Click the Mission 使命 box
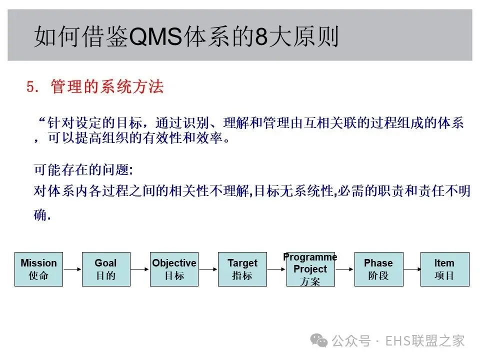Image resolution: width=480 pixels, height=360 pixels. (x=38, y=269)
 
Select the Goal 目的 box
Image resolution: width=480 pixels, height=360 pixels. (x=105, y=269)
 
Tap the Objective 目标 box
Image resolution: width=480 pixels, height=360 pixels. (x=174, y=269)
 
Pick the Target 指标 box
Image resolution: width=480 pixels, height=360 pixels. (x=242, y=269)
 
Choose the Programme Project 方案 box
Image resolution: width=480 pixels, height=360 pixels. (x=310, y=269)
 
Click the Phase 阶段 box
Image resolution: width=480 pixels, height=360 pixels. (x=378, y=269)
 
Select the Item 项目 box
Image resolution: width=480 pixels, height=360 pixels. (x=444, y=269)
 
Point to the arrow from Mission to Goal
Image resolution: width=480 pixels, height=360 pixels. (x=72, y=269)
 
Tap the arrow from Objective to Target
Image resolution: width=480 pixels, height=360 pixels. (x=208, y=269)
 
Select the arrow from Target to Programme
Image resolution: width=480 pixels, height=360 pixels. (x=276, y=269)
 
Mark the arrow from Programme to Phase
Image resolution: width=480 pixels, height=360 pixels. (x=344, y=269)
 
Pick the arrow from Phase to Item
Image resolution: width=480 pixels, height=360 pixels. (x=411, y=269)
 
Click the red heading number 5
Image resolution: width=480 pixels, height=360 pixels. (x=32, y=87)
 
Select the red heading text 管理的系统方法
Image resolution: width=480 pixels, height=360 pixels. (x=107, y=87)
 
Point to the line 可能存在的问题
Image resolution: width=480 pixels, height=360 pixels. (x=83, y=170)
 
